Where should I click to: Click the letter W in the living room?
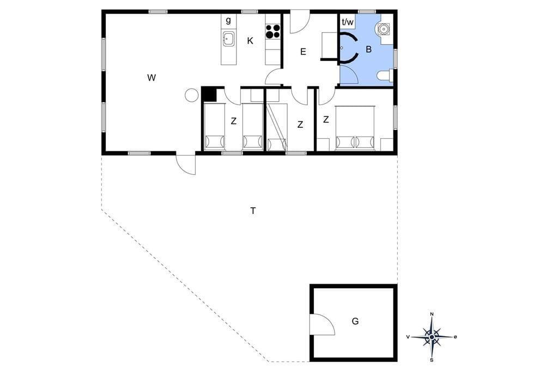click(x=151, y=77)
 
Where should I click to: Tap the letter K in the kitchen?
click(x=250, y=41)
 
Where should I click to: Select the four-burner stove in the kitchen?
click(x=273, y=31)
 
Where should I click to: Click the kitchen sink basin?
click(x=228, y=39)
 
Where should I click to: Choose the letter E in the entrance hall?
click(x=303, y=52)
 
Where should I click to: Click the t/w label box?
click(x=348, y=22)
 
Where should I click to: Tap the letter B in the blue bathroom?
click(x=369, y=50)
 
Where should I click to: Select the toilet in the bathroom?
click(x=385, y=76)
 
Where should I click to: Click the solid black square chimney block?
click(x=209, y=95)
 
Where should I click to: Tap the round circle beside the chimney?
click(x=192, y=95)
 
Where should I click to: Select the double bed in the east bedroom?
click(x=355, y=128)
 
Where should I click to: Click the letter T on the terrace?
click(x=253, y=211)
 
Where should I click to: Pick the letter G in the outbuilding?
click(x=355, y=321)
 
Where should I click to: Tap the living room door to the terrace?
click(x=186, y=164)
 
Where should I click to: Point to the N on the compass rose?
click(x=432, y=314)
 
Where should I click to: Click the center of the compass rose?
click(x=432, y=337)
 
